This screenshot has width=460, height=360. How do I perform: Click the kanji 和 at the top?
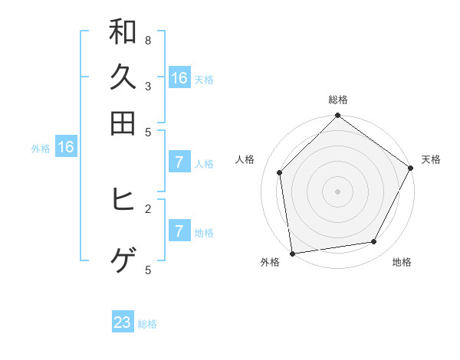123,32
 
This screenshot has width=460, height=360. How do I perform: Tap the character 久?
123,78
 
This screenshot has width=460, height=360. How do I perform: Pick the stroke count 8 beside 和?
148,40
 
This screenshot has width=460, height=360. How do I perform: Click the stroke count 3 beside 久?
148,86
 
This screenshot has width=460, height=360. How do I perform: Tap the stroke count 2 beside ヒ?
148,208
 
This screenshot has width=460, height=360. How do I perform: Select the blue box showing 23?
123,322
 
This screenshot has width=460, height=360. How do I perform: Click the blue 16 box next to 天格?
179,78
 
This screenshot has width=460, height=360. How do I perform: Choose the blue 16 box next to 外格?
66,148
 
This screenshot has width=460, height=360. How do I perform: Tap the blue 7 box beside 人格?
179,162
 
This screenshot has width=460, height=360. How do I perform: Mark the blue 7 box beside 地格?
179,231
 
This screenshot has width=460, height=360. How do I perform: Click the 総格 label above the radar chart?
338,100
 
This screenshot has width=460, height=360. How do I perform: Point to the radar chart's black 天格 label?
431,159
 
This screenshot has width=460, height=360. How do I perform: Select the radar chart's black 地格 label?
402,262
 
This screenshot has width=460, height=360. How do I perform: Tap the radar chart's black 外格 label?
270,262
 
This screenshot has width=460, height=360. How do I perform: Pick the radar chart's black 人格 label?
245,159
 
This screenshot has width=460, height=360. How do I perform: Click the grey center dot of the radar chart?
338,191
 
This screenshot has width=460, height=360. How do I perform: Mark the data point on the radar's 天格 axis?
410,168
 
